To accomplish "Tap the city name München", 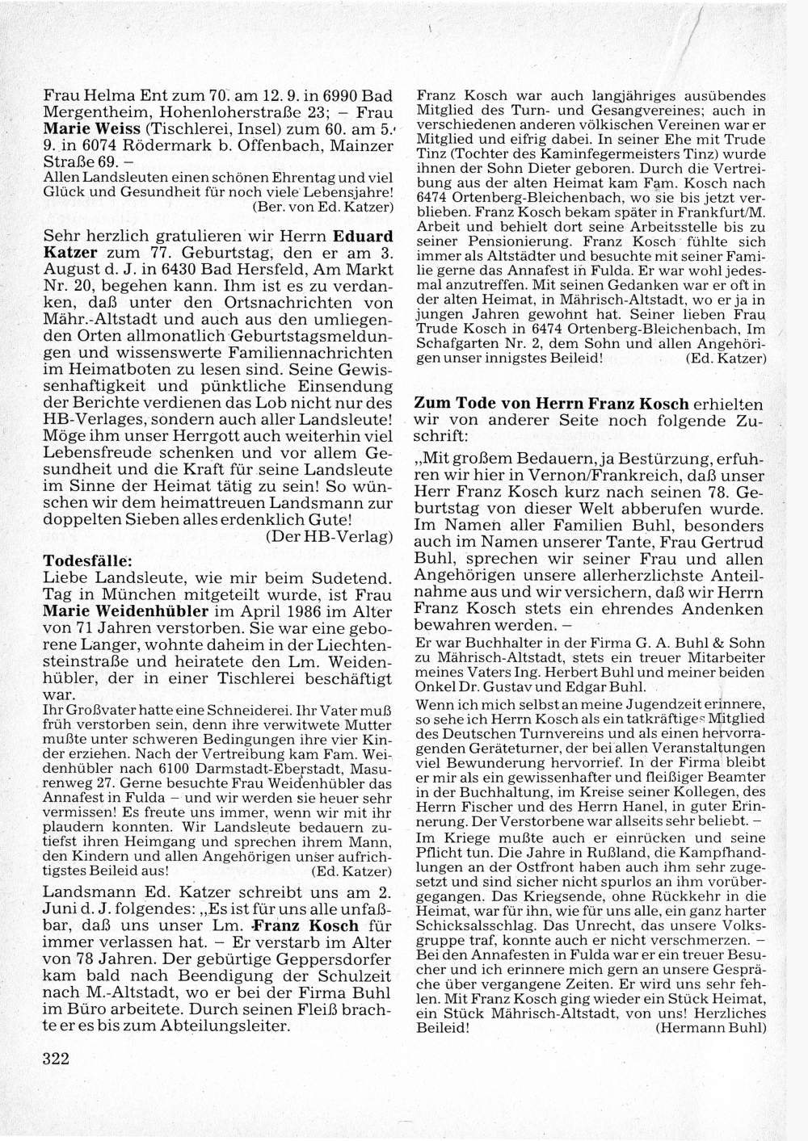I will (x=124, y=594).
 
